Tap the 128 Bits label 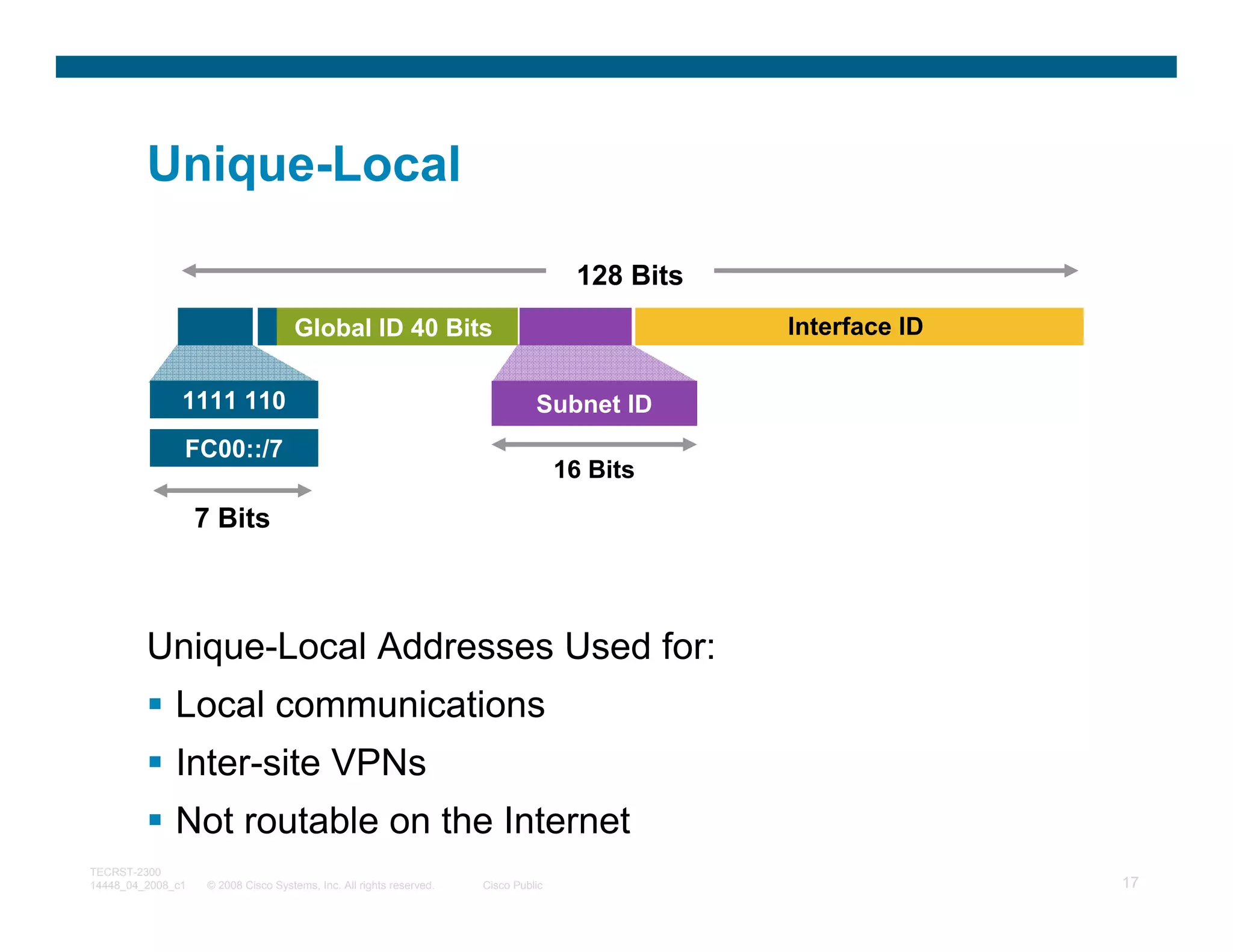point(630,276)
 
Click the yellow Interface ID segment point(855,326)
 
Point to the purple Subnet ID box point(594,404)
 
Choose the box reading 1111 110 point(234,400)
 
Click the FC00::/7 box point(234,448)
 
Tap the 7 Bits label point(232,518)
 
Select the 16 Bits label point(594,469)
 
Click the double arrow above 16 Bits point(594,445)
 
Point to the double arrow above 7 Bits point(232,490)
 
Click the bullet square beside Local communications point(155,703)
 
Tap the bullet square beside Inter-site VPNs point(155,762)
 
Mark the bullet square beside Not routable point(155,820)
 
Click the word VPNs point(379,762)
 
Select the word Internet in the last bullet point(567,820)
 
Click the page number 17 point(1130,882)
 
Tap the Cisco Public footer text point(512,885)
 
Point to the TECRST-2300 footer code point(125,872)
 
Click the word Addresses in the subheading point(465,646)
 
